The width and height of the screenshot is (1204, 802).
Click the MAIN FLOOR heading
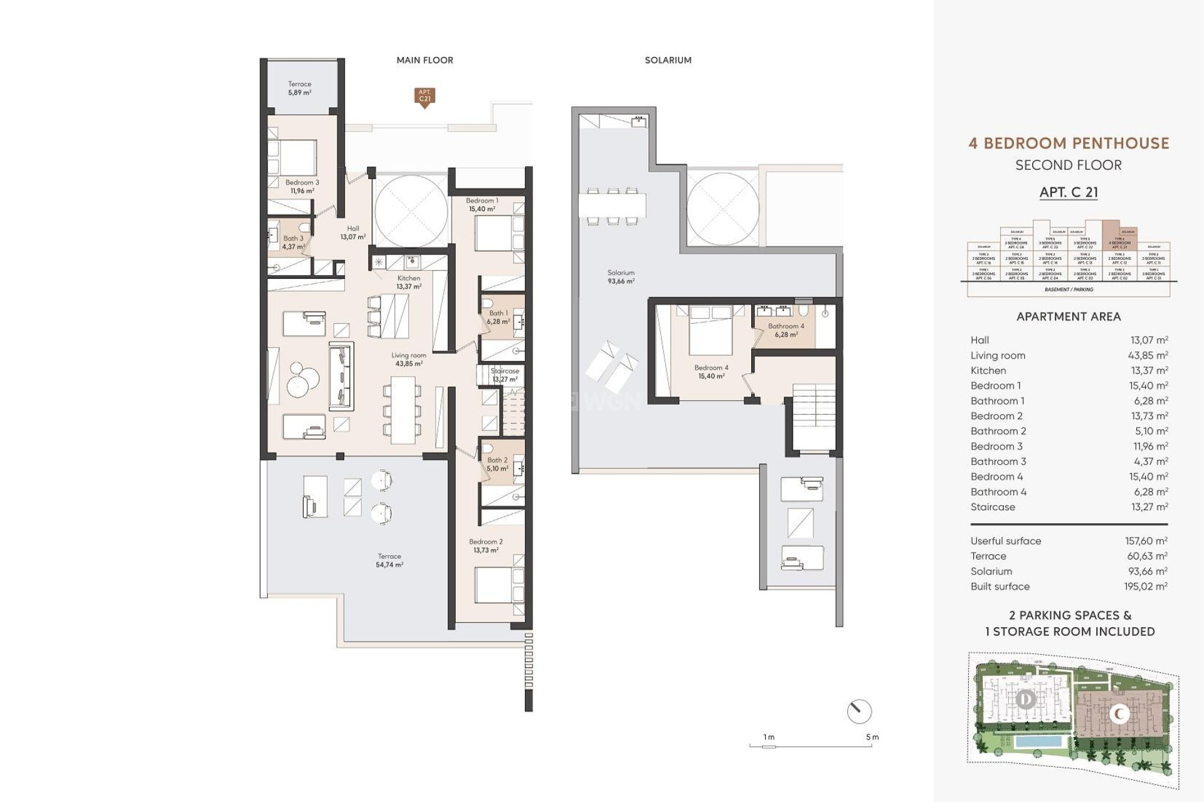[x=425, y=60]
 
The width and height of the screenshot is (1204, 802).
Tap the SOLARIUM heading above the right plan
[x=668, y=60]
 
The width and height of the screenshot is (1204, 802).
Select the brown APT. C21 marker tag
[x=425, y=96]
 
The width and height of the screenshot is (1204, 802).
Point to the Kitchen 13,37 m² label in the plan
[x=408, y=282]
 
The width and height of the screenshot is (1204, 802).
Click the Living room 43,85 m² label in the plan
[x=408, y=359]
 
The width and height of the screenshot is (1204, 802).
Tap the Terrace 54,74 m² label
[x=389, y=560]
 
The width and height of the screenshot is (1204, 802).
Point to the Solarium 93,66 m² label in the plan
[x=620, y=277]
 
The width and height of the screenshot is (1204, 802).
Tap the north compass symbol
[x=858, y=712]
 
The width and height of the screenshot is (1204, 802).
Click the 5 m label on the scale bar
[x=872, y=737]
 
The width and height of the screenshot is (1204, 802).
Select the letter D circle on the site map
[x=1026, y=699]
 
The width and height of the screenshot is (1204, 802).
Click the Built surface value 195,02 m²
[x=1145, y=586]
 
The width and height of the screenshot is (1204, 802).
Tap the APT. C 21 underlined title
[x=1069, y=192]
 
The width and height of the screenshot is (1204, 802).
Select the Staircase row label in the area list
[x=993, y=507]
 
